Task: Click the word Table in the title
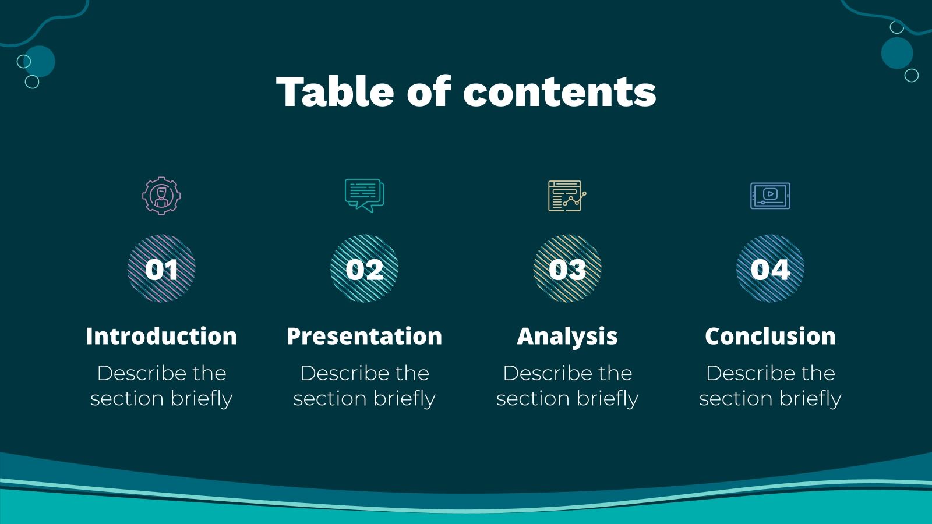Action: pos(334,92)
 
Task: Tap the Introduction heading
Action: pos(161,337)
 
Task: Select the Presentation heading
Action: pos(364,337)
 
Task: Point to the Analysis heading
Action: pos(567,337)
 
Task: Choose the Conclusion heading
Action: pos(770,337)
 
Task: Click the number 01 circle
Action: pos(161,268)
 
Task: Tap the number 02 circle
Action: pos(364,268)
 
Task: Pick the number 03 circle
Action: pos(567,268)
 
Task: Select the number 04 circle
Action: pos(770,268)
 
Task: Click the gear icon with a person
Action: pos(161,196)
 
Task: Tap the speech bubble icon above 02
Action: pos(364,194)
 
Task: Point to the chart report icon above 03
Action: pos(567,196)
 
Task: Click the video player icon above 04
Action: pos(770,196)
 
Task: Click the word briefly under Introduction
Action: pos(201,399)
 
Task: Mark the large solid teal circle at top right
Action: pos(896,53)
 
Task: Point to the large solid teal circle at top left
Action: pos(40,61)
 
